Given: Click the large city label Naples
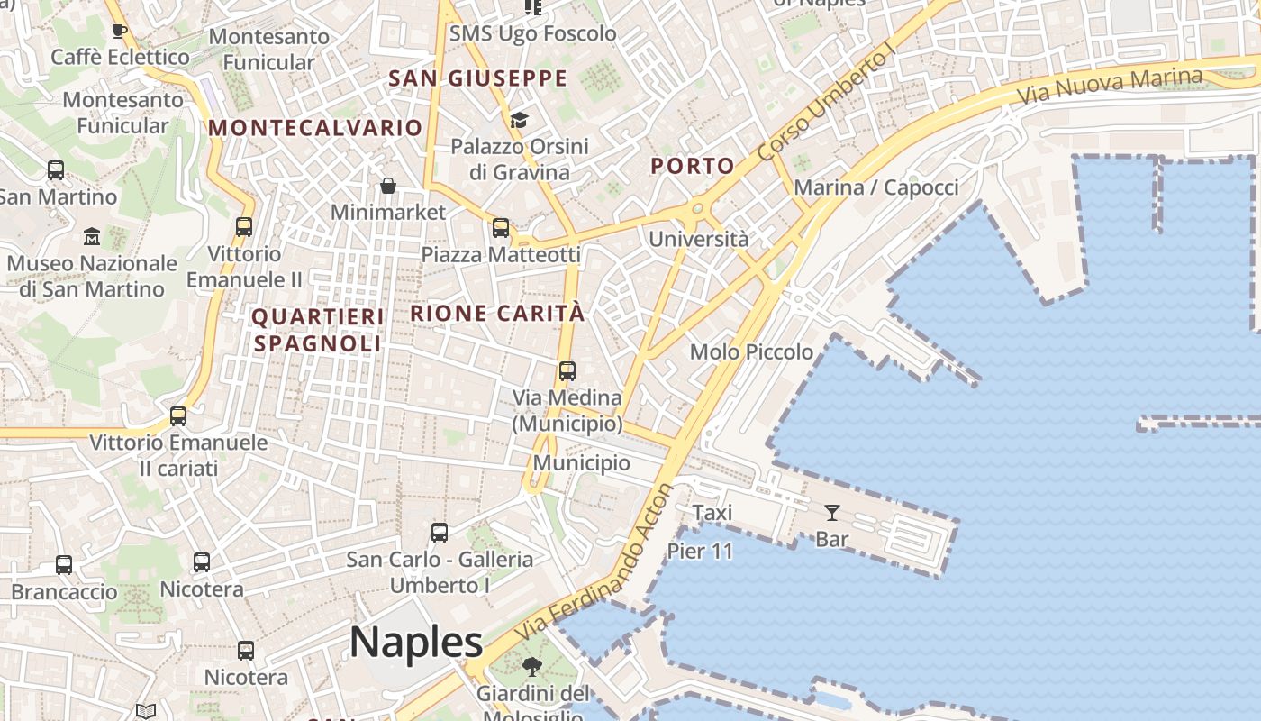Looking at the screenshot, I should coord(416,642).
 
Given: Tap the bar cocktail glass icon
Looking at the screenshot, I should coord(831,513).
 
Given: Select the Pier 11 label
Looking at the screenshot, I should coord(700,552).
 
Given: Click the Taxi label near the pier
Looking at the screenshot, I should coord(712,513).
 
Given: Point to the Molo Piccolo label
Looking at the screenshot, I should coord(751,351).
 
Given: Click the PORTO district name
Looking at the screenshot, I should coord(692,166).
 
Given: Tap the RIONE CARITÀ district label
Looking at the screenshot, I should coord(497,314).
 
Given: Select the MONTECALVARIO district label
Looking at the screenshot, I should coord(315,128).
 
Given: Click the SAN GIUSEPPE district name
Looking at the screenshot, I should coord(477,78).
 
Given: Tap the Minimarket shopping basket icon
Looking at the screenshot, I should coord(388,187).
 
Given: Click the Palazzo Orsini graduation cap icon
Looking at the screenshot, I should coord(519,120).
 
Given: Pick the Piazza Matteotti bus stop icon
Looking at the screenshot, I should coord(501,228).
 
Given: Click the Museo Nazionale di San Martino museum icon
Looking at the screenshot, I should coord(92,237).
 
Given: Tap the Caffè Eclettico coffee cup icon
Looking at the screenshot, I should coord(119,32).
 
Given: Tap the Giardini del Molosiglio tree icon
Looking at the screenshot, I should coord(532,668).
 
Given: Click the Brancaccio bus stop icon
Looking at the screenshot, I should coord(64,565).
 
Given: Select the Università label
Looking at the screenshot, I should coord(699,239).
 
